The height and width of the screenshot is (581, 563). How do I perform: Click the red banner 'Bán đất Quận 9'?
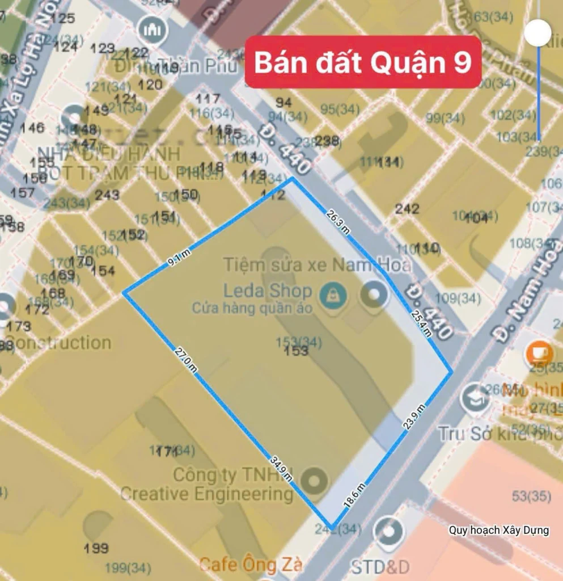(363, 62)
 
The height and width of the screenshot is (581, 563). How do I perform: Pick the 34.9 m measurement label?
(282, 467)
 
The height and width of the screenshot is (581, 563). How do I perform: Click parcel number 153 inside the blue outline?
(297, 351)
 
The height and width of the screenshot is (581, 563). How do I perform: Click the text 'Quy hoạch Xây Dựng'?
(499, 531)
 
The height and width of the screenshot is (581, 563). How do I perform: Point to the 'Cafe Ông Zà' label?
(251, 565)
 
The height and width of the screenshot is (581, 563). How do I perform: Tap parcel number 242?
(407, 209)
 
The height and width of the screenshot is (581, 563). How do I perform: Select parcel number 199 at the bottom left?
(96, 548)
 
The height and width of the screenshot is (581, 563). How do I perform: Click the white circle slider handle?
(537, 33)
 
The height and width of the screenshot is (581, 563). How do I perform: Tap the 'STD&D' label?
(380, 566)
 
